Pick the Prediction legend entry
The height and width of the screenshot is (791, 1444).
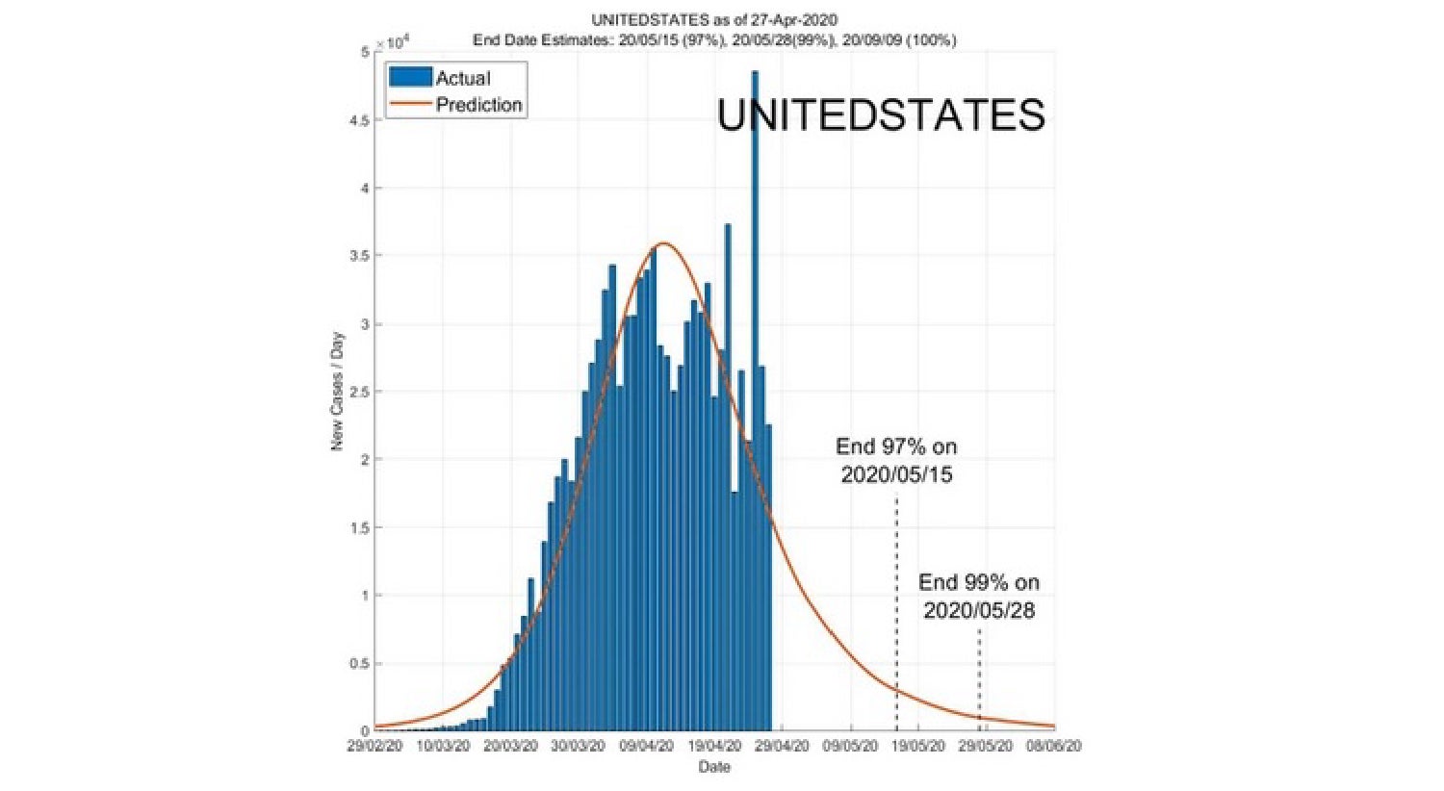click(x=456, y=105)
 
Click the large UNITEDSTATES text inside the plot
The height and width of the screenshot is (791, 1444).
click(x=881, y=115)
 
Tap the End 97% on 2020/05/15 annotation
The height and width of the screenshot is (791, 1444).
click(x=896, y=460)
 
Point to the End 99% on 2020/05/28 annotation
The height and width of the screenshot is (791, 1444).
click(x=979, y=596)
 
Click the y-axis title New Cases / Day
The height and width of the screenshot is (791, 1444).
click(x=337, y=392)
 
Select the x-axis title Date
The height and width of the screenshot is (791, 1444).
click(x=714, y=767)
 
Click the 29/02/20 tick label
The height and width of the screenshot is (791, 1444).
click(x=374, y=747)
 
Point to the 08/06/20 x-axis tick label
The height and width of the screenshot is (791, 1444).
click(x=1054, y=747)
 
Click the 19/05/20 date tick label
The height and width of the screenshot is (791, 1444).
click(x=918, y=747)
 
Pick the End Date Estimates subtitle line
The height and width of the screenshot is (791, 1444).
click(x=714, y=40)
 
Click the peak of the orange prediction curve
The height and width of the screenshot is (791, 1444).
click(x=663, y=243)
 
